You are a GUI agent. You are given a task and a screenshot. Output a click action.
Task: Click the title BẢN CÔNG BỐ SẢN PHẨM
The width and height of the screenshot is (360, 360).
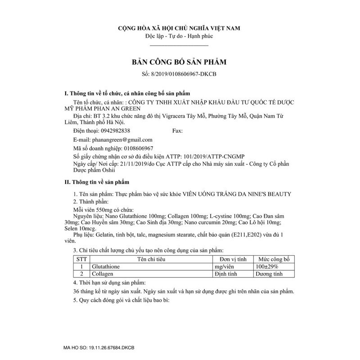coord(179,61)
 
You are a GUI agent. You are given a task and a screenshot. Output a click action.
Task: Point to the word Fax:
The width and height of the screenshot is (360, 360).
coord(177,130)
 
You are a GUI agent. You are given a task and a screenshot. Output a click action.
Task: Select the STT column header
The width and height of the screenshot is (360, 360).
coord(81,259)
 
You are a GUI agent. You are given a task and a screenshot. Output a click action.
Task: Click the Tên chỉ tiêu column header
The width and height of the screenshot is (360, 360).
coord(151,259)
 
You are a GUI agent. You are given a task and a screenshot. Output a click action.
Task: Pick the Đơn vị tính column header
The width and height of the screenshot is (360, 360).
coord(231,259)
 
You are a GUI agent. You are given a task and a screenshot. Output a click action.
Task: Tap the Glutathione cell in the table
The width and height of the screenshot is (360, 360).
coord(108,266)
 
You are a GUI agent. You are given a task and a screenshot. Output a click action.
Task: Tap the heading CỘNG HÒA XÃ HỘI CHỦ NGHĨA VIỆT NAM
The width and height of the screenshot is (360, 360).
coord(179,28)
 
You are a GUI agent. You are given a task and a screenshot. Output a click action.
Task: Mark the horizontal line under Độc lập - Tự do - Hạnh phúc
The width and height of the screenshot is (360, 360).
coord(179,45)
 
